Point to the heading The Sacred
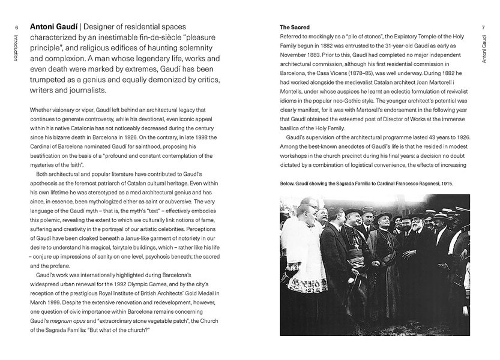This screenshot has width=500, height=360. (294, 28)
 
